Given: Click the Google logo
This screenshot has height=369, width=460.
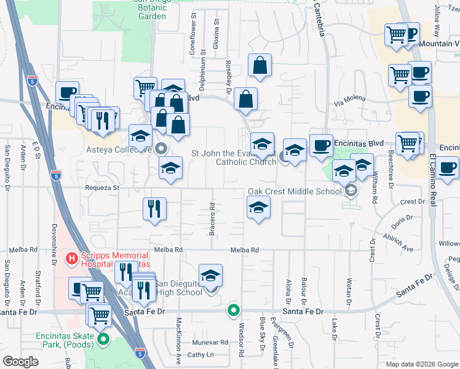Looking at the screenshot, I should [20, 362].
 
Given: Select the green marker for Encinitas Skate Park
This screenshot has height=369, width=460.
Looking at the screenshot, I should [103, 339].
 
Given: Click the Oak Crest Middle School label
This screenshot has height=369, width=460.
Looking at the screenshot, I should [294, 191].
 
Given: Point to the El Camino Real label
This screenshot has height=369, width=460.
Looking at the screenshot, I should [433, 178].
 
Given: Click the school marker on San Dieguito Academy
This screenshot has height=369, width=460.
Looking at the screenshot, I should [211, 276].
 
